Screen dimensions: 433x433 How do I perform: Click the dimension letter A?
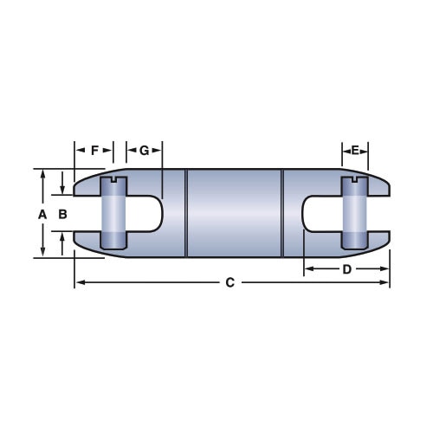(42, 213)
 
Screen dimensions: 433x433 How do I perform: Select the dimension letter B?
(62, 213)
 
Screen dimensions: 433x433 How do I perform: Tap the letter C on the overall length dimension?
(229, 283)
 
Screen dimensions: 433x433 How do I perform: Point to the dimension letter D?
(346, 269)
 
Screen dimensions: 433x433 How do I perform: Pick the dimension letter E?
(354, 151)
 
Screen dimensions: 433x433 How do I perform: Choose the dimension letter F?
(94, 151)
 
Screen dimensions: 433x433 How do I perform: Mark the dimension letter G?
(144, 151)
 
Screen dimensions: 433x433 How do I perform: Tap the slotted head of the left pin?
(114, 181)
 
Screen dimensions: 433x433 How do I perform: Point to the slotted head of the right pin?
(354, 181)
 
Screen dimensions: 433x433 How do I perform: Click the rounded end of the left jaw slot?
(159, 213)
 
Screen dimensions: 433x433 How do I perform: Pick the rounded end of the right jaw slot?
(307, 213)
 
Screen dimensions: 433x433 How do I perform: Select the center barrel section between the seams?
(235, 213)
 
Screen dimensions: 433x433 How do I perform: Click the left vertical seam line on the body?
(187, 213)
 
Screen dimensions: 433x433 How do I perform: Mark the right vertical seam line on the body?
(282, 213)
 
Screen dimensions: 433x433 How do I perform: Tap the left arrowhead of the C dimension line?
(79, 283)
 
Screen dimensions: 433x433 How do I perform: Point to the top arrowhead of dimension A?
(42, 172)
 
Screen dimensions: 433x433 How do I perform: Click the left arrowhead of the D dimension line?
(307, 269)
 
